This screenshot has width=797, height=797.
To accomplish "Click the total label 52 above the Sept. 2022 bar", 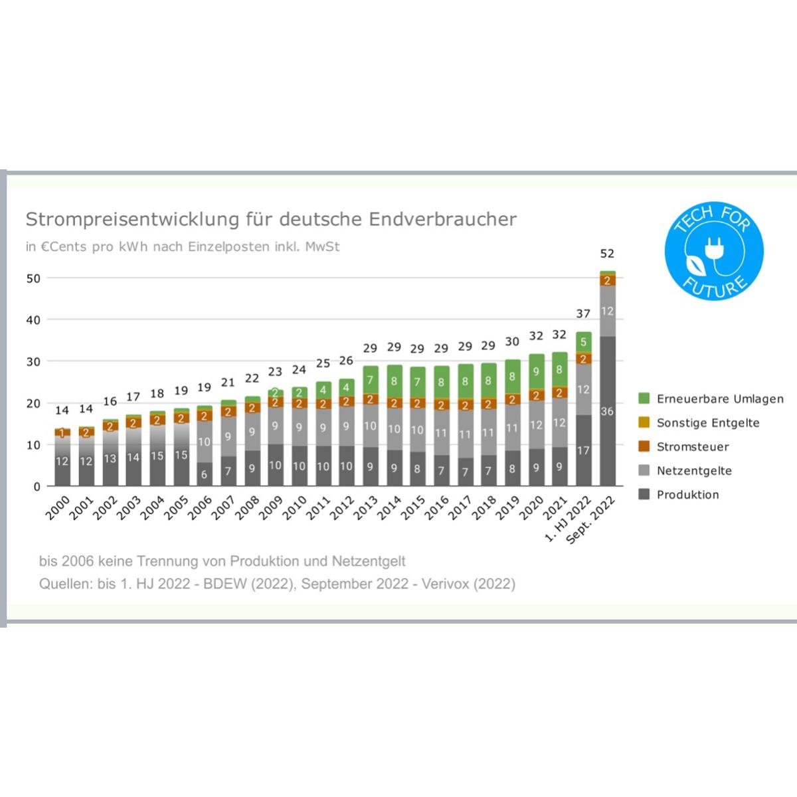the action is tap(607, 254).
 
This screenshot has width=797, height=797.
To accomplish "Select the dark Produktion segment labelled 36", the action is tap(608, 411).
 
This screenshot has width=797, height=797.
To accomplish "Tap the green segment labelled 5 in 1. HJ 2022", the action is tap(584, 342).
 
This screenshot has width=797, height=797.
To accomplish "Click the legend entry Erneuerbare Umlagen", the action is tap(711, 398).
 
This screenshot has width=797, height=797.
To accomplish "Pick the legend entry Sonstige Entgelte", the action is tap(699, 422).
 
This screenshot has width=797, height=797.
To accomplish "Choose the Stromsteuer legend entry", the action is tap(683, 447).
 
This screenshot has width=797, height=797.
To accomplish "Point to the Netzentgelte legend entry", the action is tap(685, 471).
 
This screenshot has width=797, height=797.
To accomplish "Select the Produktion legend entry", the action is tap(679, 495).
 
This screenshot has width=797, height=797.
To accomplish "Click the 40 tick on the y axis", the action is tap(33, 320).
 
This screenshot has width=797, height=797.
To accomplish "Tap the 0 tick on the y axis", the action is tap(37, 487).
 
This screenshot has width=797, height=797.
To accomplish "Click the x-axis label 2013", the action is tap(365, 508).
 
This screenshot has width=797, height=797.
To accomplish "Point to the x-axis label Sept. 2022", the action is tap(590, 520).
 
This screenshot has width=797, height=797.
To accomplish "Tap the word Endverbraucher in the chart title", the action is tap(442, 219).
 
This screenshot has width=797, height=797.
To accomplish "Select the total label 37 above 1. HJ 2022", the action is tap(583, 314).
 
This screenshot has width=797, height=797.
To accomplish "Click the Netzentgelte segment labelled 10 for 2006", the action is tap(205, 442).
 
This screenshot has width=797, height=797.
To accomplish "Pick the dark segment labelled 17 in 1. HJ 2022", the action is tap(584, 450).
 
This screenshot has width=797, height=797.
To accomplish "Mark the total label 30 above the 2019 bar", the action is tap(512, 341).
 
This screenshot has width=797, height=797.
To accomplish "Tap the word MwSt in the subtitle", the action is tap(323, 247).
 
